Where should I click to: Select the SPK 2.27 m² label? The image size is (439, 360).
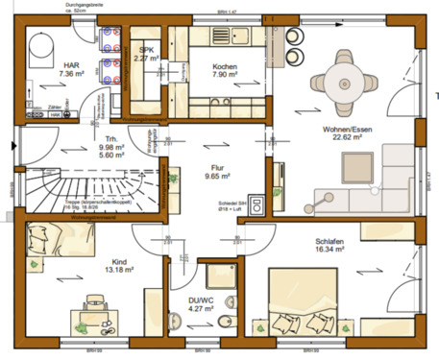point(147,53)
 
